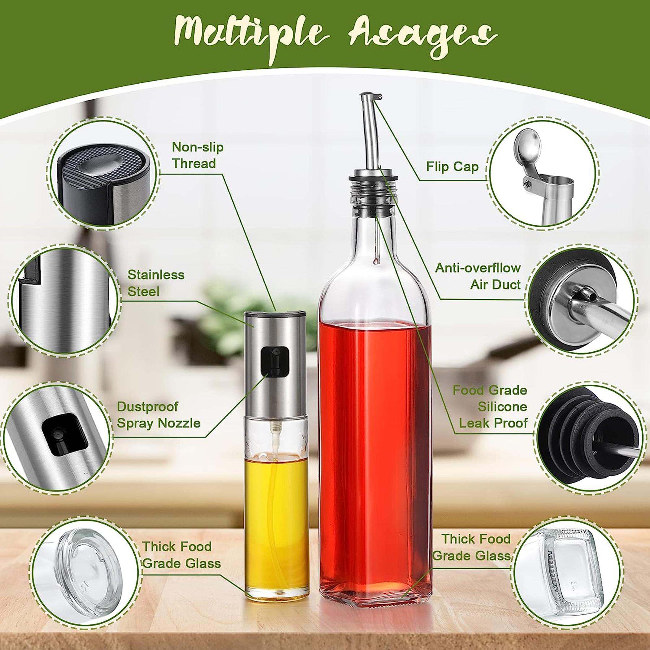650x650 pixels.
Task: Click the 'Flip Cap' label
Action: (x=452, y=167)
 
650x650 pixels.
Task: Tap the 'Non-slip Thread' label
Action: (x=197, y=155)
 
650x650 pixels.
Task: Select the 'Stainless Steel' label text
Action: (x=156, y=283)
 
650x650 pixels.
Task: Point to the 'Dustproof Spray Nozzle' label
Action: (x=158, y=415)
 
